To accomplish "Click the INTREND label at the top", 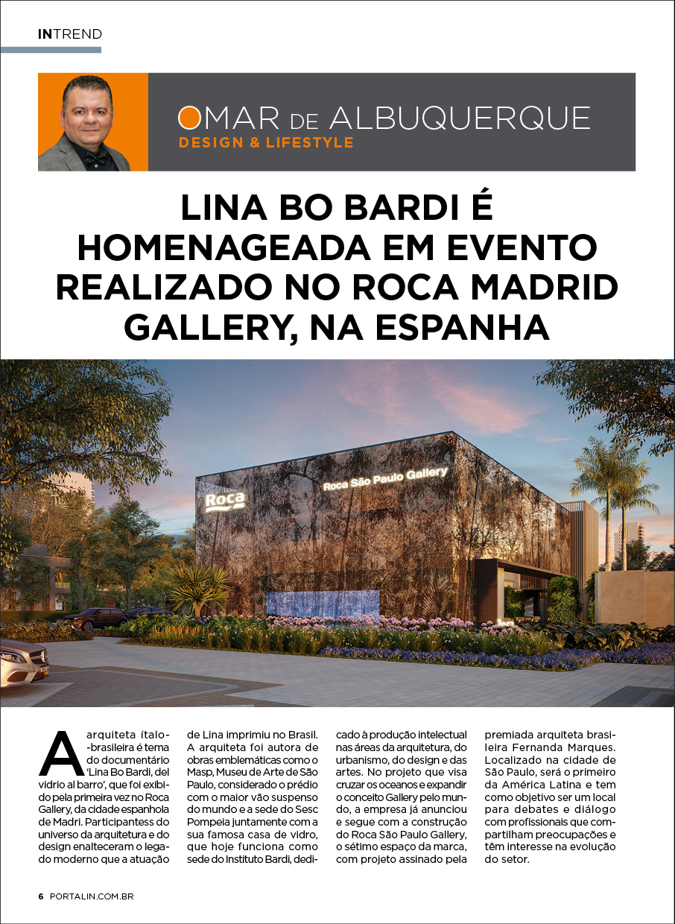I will [69, 34].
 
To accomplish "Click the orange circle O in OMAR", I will [189, 118].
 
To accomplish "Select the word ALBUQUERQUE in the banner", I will [460, 118].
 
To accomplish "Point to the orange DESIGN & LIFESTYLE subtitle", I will [266, 142].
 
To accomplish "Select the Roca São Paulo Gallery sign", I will [385, 478].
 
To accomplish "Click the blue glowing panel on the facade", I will [323, 601].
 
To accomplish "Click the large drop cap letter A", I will [62, 755].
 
